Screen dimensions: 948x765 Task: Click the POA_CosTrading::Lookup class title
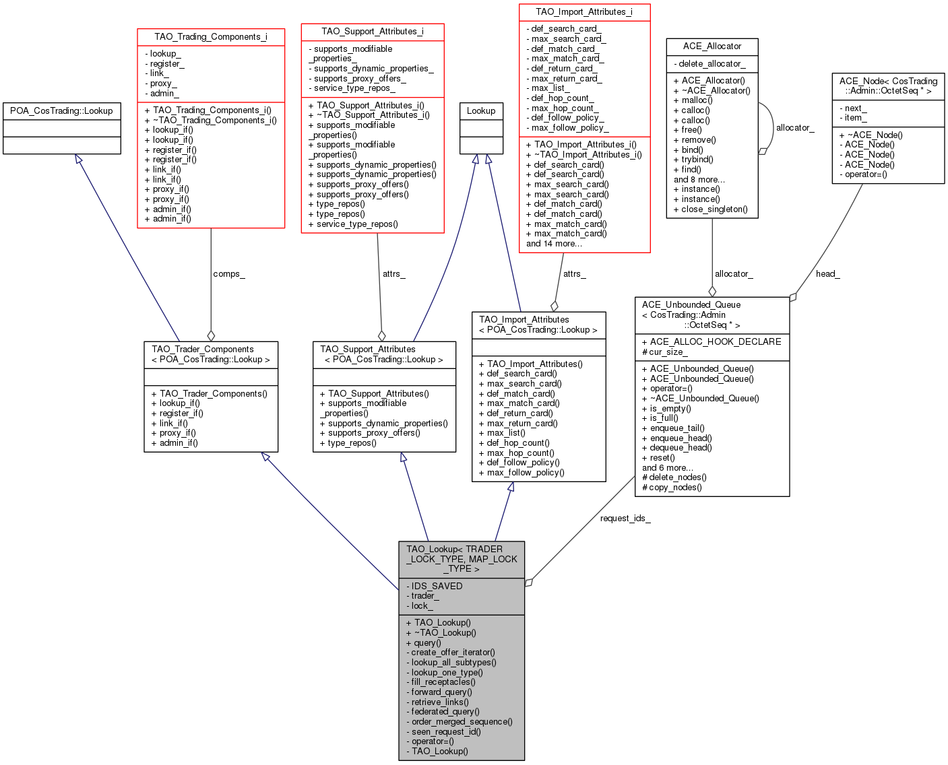[x=61, y=110]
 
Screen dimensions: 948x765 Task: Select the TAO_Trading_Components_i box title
[x=210, y=37]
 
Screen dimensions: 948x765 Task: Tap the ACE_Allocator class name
[x=712, y=46]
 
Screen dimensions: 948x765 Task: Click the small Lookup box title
[x=480, y=110]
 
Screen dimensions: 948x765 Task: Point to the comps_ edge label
[x=229, y=274]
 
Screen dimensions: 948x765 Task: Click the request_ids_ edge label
[x=625, y=518]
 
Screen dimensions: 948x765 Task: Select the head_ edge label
[x=827, y=274]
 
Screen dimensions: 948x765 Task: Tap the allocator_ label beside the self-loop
[x=795, y=128]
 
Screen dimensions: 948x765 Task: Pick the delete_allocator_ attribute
[x=709, y=63]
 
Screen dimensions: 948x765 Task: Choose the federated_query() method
[x=443, y=711]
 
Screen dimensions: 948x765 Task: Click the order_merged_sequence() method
[x=459, y=721]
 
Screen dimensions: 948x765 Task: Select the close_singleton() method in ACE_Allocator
[x=710, y=209]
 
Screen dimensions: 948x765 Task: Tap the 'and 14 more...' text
[x=554, y=243]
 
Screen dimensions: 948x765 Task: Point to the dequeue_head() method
[x=676, y=447]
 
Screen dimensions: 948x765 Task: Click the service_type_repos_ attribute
[x=352, y=88]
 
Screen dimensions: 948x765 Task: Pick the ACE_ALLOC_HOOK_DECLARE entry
[x=712, y=341]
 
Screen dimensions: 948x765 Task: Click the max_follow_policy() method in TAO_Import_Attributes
[x=522, y=472]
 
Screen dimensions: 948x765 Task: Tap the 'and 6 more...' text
[x=667, y=467]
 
